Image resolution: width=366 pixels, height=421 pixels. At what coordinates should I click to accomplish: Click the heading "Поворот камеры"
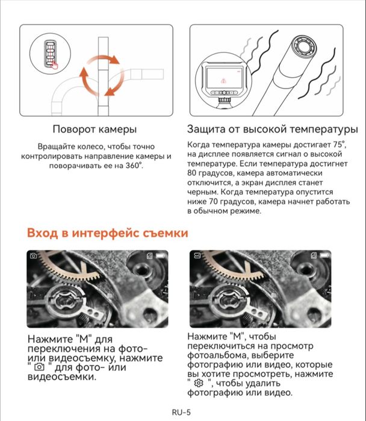pos(95,129)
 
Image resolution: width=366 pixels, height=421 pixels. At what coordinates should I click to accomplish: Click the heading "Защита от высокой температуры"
pos(272,129)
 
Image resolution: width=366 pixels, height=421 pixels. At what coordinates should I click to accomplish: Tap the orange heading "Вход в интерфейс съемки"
pos(107,232)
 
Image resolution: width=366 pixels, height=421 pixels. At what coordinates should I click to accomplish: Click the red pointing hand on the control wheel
pos(55,65)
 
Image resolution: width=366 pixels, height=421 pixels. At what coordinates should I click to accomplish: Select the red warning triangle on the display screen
pos(223,80)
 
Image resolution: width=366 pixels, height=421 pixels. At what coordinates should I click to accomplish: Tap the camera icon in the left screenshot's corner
pos(34,256)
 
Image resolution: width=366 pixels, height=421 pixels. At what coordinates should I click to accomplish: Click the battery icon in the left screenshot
pos(161,256)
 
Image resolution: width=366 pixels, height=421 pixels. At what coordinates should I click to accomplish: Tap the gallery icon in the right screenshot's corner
pos(197,256)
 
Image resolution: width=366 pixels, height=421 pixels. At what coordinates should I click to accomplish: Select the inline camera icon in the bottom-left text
pos(40,367)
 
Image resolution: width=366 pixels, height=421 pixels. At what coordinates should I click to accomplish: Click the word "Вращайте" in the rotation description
pos(56,146)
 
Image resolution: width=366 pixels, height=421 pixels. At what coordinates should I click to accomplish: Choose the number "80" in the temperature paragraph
pos(193,173)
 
